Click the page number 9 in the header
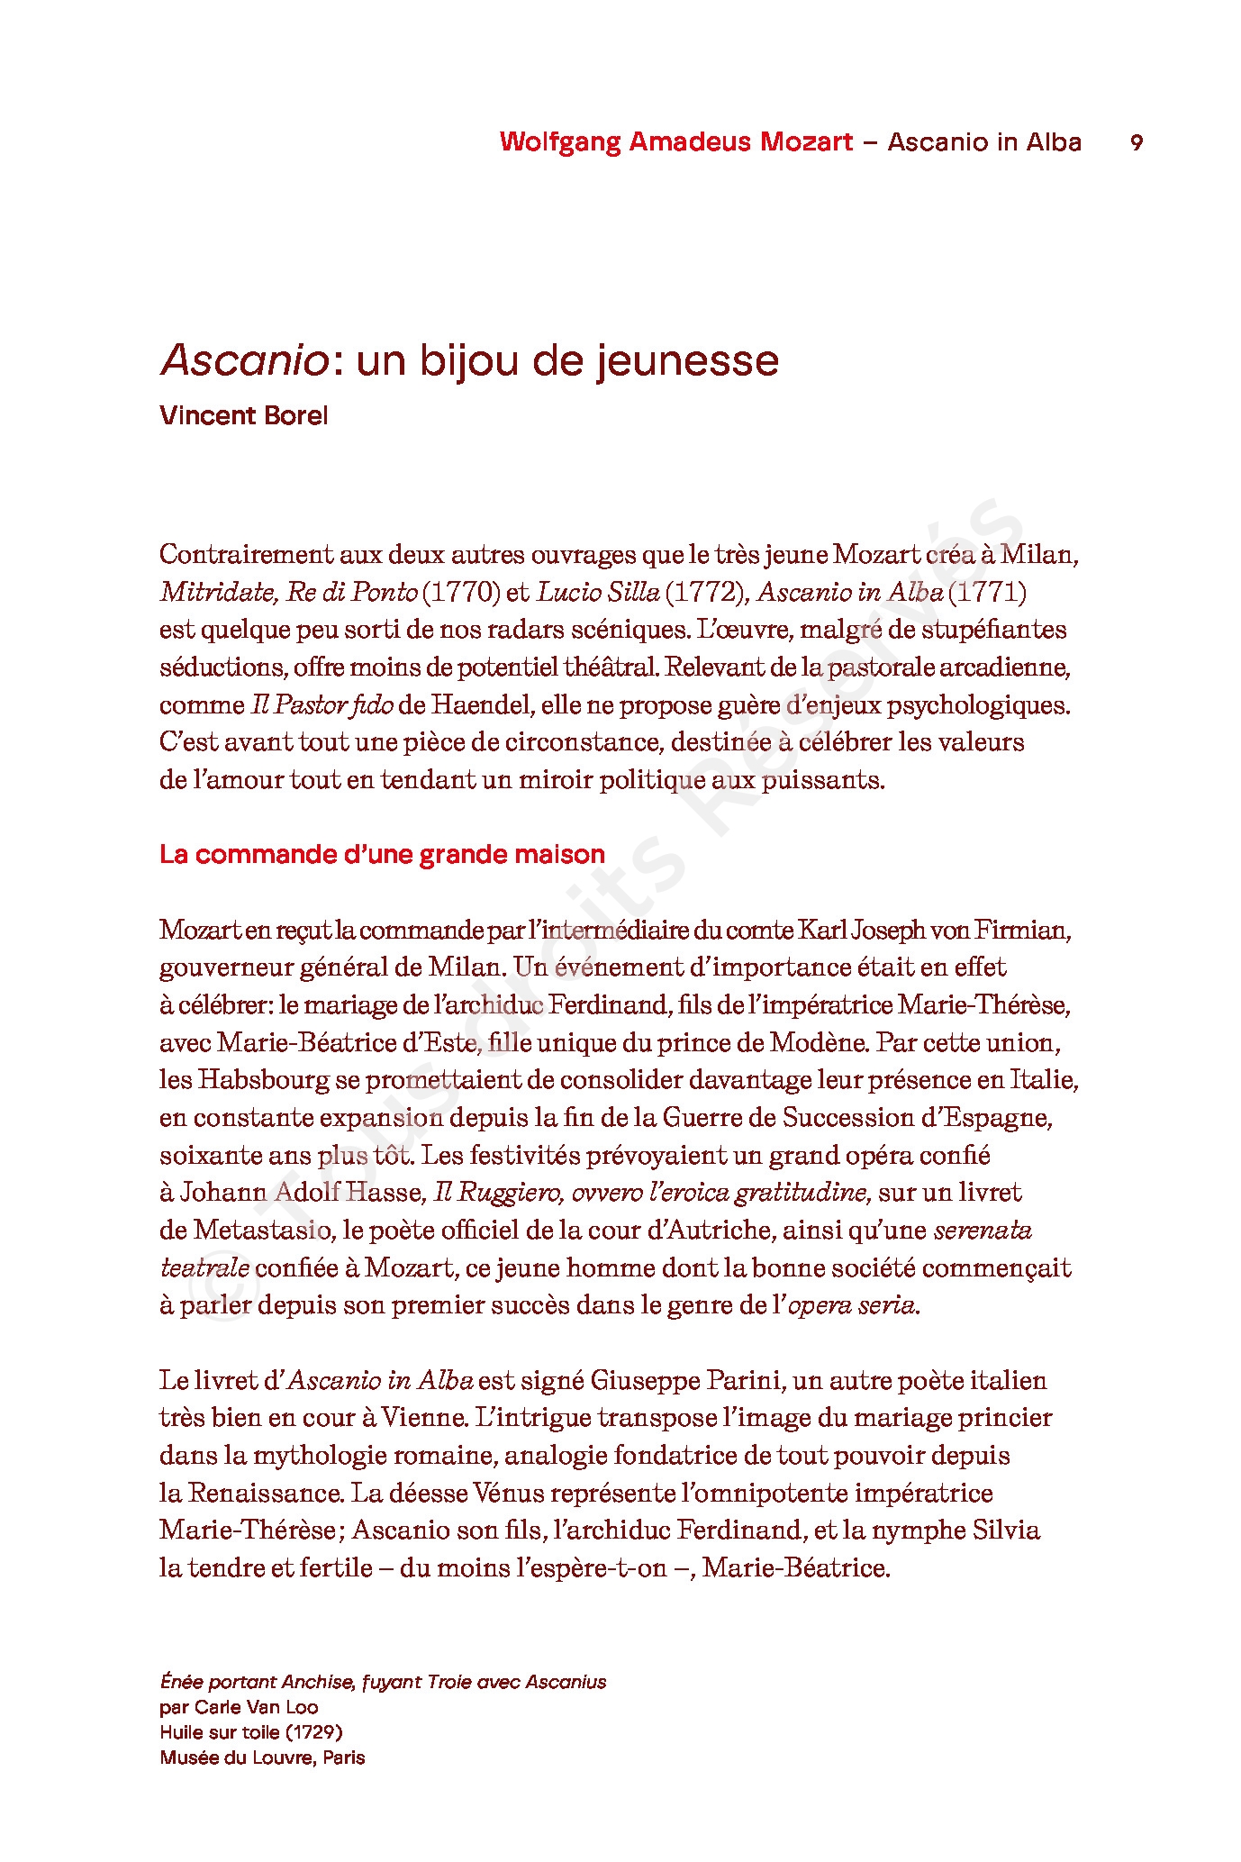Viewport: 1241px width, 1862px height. coord(1137,143)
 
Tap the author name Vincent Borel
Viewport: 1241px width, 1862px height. coord(243,415)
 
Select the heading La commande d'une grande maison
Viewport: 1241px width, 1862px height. coord(382,854)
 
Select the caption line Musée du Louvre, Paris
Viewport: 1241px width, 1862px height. coord(262,1757)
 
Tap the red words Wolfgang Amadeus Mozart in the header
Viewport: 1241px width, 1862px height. coord(676,142)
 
